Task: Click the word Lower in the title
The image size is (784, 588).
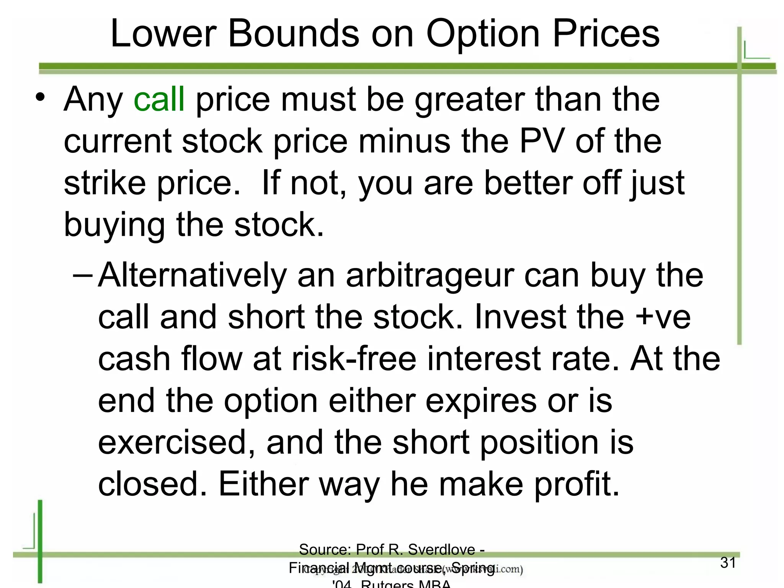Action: [163, 34]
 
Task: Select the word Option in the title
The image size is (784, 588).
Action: [483, 34]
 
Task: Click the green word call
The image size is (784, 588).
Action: [159, 99]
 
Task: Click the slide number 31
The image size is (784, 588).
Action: [728, 563]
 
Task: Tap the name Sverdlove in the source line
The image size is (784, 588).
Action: [441, 550]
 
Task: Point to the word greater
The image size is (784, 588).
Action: [470, 99]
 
